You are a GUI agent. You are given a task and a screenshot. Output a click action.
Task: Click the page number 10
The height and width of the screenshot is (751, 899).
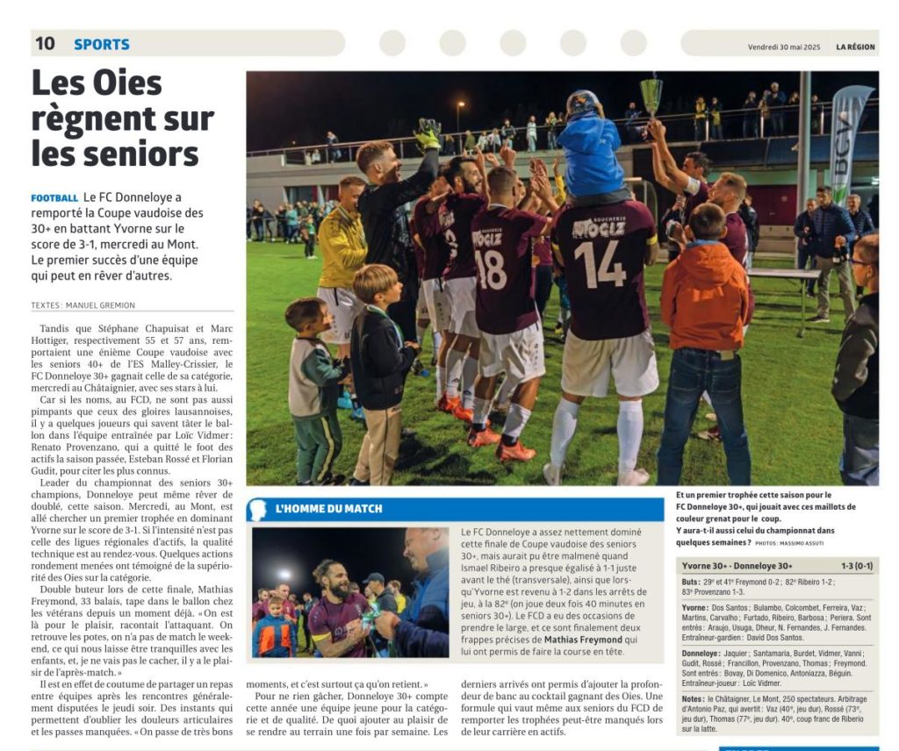(x=45, y=43)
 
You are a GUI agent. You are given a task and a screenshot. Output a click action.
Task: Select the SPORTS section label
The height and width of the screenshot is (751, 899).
(x=101, y=44)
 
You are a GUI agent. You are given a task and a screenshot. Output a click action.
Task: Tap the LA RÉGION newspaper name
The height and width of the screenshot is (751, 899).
(x=855, y=46)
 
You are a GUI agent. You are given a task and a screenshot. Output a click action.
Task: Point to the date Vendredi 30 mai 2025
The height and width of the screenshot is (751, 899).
(x=785, y=46)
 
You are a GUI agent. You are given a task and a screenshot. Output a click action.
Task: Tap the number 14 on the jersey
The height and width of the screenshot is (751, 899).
(x=600, y=263)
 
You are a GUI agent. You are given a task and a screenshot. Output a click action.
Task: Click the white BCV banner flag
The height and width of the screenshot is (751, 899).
(x=849, y=140)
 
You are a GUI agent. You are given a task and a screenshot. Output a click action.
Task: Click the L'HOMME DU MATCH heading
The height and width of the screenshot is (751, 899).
(x=328, y=509)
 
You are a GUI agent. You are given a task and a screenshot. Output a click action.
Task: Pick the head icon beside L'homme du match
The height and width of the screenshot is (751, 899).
(x=257, y=510)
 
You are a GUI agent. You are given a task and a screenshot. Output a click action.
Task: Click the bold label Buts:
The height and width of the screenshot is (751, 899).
(x=691, y=582)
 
